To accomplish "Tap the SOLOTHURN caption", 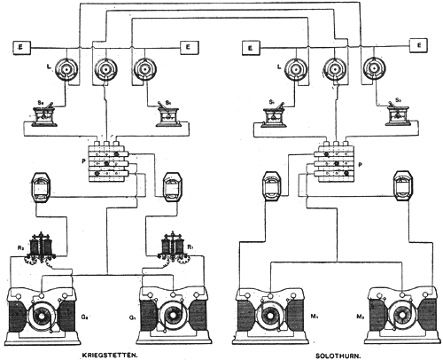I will point(338,353).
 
